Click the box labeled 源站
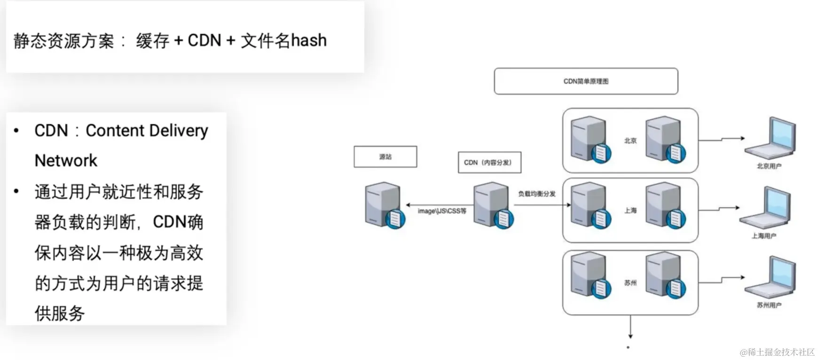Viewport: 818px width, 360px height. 385,157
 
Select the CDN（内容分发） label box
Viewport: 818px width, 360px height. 489,163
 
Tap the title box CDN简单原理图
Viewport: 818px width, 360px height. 586,81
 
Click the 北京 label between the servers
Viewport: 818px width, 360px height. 630,141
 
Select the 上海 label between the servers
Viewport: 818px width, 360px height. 630,211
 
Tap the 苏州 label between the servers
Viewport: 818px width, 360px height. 630,283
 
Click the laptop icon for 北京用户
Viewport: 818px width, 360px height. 771,138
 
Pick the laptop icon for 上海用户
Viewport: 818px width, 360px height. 765,208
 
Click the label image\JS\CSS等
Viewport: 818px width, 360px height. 442,211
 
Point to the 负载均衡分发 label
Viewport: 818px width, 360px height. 537,194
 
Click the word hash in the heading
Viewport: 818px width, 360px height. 308,41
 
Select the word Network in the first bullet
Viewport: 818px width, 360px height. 66,161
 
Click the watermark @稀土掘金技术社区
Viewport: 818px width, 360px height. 777,352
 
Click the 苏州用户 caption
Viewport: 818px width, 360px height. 769,305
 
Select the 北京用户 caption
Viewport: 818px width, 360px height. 769,166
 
